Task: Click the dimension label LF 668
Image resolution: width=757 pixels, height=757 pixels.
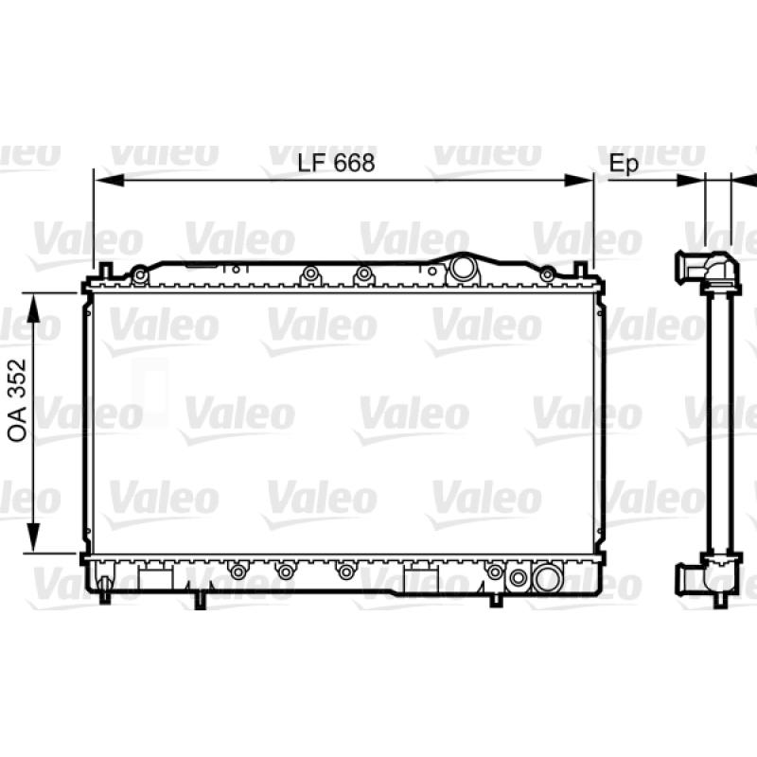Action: coord(336,163)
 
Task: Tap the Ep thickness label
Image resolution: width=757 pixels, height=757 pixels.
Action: coord(624,164)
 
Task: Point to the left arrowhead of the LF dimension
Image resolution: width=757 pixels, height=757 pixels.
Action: coord(109,181)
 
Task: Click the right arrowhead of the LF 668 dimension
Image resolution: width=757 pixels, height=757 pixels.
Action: coord(578,181)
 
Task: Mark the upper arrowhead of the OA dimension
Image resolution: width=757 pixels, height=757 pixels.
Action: coord(33,308)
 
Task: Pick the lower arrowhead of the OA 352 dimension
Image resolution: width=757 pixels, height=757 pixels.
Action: coord(33,537)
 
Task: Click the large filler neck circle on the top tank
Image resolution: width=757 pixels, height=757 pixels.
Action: coord(463,269)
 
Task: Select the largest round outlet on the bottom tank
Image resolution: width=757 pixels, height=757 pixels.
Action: coord(547,577)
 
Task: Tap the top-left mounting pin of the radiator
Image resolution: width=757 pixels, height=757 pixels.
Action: coord(106,271)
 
